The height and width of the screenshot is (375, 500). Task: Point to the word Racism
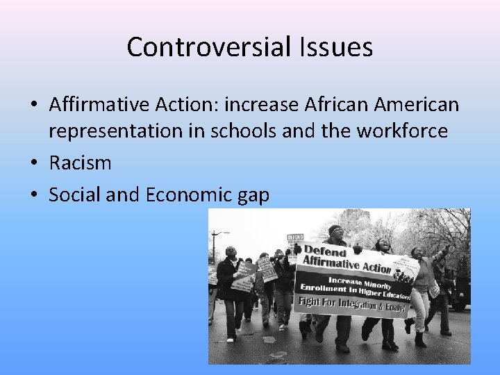click(x=80, y=163)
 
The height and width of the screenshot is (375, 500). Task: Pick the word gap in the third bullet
click(x=253, y=197)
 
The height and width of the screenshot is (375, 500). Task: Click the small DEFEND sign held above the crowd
click(x=295, y=238)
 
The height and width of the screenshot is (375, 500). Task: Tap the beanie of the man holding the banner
click(x=335, y=230)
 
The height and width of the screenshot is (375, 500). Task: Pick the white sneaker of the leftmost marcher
click(x=230, y=340)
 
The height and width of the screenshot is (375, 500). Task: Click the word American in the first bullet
click(x=417, y=105)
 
